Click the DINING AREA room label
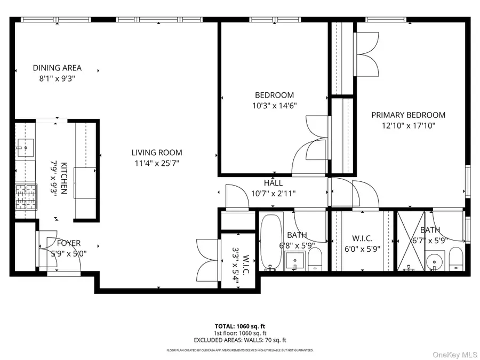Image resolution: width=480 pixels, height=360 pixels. (x=57, y=68)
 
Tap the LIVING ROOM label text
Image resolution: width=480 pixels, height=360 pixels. (x=157, y=153)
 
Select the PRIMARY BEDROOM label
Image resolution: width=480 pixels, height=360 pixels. (x=408, y=115)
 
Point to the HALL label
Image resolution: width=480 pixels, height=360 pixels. (x=273, y=183)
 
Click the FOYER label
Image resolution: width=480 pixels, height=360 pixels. (x=69, y=243)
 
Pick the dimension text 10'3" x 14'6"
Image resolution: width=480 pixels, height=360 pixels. (x=274, y=106)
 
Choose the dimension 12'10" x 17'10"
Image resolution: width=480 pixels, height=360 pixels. (x=408, y=126)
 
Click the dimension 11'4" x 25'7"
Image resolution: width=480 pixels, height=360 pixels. (x=157, y=163)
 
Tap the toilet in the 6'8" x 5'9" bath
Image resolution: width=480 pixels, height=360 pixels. (x=315, y=261)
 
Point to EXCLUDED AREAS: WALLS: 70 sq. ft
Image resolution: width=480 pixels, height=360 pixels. (x=239, y=339)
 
